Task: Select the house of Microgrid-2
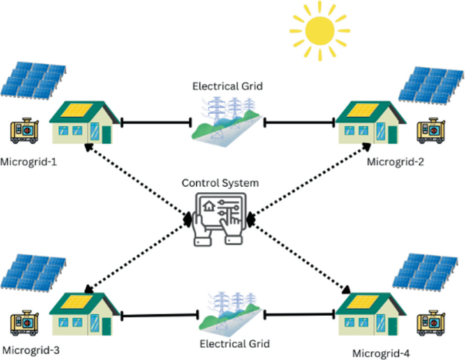pyautogui.click(x=369, y=121)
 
